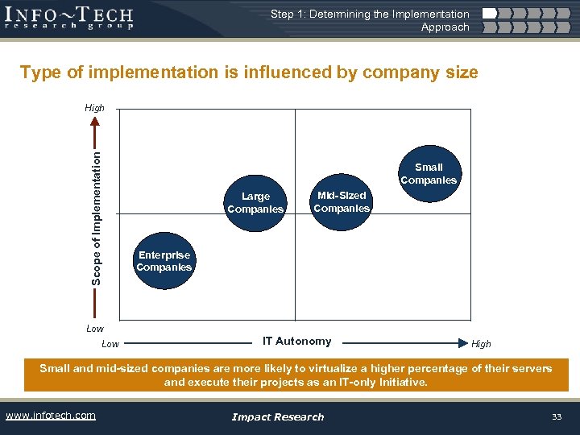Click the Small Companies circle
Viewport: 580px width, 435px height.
click(x=428, y=174)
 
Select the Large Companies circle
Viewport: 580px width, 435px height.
click(x=255, y=202)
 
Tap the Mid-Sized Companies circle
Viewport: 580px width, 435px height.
click(x=342, y=201)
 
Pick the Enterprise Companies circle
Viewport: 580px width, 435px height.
click(x=164, y=261)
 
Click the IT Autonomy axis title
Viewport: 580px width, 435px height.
click(x=296, y=341)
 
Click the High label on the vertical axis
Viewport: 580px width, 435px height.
click(x=94, y=108)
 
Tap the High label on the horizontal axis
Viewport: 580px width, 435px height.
click(x=481, y=344)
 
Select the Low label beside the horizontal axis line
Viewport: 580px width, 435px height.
click(x=110, y=344)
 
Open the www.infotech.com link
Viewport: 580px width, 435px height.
click(x=50, y=416)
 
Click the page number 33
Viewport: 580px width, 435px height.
click(x=556, y=416)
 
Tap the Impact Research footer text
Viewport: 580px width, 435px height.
click(x=277, y=416)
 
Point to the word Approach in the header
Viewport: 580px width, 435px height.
click(x=445, y=27)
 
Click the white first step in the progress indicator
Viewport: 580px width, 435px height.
click(x=488, y=14)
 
